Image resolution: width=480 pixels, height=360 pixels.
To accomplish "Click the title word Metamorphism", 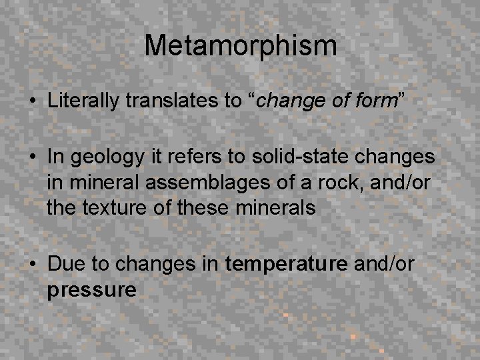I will [x=241, y=46].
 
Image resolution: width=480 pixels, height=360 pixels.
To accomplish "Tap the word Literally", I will [x=83, y=102].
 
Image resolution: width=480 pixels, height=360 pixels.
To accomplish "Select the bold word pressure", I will [x=92, y=290].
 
